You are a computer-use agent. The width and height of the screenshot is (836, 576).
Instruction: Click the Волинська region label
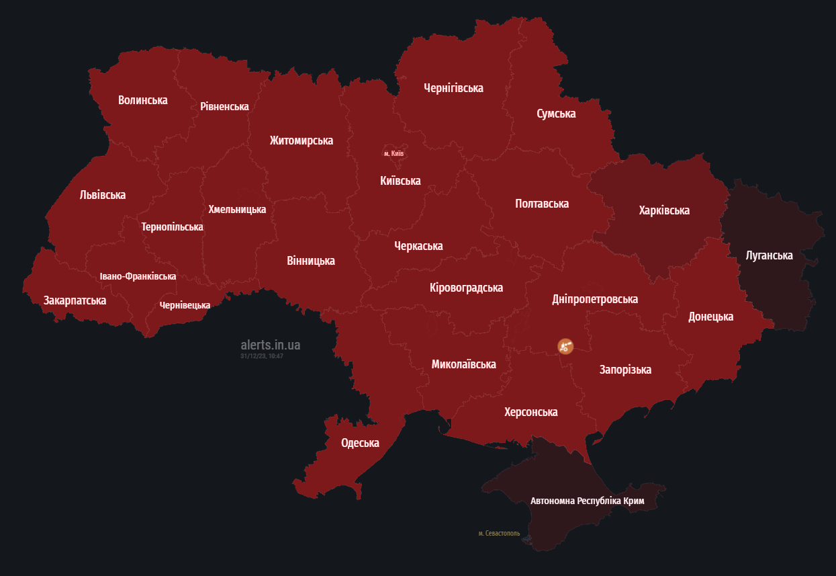142,100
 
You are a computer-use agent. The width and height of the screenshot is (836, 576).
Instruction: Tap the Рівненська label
224,106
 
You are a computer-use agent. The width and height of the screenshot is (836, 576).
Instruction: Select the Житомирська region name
301,140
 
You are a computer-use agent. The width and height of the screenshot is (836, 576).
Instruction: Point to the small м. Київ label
393,153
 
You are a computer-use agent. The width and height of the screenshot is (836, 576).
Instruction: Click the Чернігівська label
453,88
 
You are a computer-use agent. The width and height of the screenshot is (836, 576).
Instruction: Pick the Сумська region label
556,114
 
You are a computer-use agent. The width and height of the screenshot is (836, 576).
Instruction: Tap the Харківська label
664,210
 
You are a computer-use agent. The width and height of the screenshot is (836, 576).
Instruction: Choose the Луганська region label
769,255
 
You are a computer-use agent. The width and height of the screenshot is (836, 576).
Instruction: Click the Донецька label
710,317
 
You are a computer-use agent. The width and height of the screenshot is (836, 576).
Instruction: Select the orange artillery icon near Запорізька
565,346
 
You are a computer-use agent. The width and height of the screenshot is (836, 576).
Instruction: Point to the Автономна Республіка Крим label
587,501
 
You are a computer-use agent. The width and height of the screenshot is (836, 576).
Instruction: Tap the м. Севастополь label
499,534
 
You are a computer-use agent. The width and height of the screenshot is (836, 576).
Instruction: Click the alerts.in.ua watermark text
271,345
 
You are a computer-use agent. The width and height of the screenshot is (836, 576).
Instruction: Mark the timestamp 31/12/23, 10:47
262,356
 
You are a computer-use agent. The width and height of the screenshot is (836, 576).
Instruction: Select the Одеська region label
360,443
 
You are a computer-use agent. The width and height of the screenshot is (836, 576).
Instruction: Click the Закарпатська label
75,300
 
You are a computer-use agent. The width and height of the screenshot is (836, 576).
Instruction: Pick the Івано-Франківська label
138,276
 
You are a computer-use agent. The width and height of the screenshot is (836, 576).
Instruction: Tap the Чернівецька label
185,305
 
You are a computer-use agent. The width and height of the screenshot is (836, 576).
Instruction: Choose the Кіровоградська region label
466,288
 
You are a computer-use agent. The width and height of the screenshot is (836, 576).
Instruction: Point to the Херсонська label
530,412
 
